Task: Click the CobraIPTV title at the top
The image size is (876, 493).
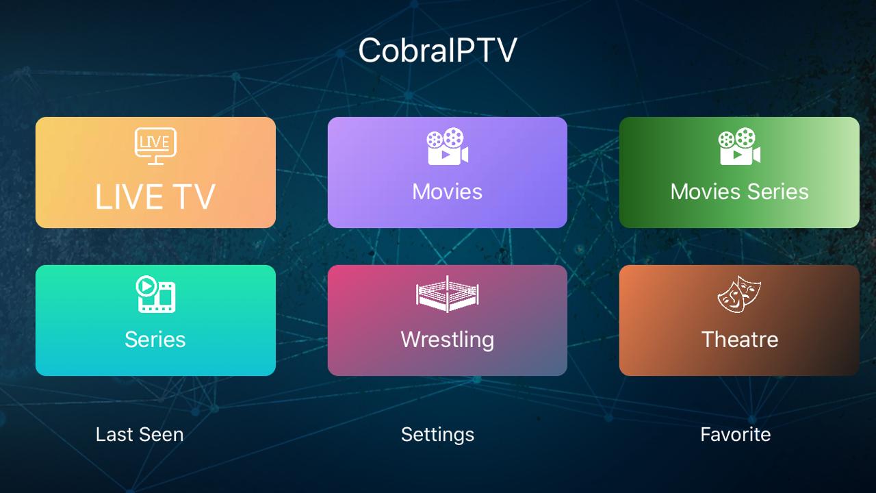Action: coord(437,50)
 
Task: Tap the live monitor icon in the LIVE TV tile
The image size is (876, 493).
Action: coord(155,146)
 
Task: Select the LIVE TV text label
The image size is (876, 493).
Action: coord(155,197)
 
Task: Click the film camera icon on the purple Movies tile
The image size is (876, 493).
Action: coord(448,146)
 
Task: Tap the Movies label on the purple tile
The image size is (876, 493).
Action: coord(448,192)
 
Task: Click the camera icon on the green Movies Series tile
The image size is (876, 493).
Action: coord(739,146)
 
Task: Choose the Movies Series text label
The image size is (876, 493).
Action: coord(739,192)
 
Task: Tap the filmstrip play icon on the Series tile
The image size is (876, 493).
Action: coord(155,294)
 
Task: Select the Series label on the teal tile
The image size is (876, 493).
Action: coord(155,339)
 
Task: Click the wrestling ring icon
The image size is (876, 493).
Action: coord(448,294)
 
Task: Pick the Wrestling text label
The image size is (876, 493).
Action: coord(448,340)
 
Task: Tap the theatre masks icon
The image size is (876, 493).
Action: coord(739,294)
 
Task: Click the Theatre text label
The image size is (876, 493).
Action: coord(740,339)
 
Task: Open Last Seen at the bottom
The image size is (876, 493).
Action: coord(140,434)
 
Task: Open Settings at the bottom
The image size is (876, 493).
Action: coord(437,435)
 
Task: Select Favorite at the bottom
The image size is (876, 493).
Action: coord(735,434)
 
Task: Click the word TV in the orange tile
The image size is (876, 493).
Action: coord(194,197)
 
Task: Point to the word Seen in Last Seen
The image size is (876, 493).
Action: coord(162,434)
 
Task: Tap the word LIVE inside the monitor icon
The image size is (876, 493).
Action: coord(155,142)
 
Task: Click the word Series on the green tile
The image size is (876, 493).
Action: coord(778,192)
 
